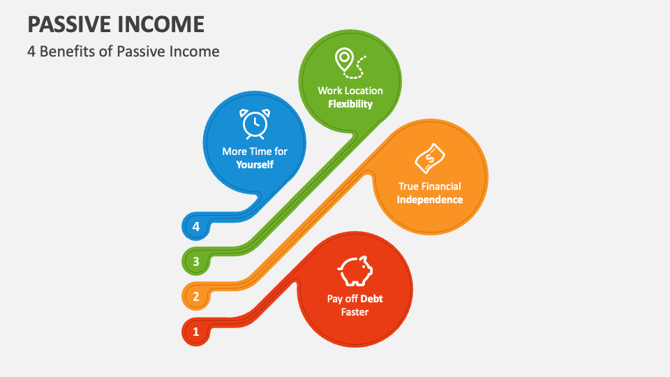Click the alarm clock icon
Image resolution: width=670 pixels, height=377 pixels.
254,124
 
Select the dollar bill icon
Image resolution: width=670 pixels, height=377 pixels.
429,158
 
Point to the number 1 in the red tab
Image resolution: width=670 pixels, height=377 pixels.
195,332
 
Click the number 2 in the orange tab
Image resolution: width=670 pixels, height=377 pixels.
195,297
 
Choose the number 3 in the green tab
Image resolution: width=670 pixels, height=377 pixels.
195,262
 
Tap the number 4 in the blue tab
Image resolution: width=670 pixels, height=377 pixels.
195,227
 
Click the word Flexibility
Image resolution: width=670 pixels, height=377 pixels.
350,104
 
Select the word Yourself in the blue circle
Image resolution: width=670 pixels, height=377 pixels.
254,165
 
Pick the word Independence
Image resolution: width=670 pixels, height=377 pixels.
429,200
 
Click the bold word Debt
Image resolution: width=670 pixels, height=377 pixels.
372,299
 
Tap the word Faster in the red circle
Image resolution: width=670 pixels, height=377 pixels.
355,312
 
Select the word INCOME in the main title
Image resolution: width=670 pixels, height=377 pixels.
161,24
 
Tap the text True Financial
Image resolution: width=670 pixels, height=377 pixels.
429,186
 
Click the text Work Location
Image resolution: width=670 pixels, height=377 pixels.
350,91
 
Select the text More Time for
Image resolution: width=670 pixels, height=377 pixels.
254,151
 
